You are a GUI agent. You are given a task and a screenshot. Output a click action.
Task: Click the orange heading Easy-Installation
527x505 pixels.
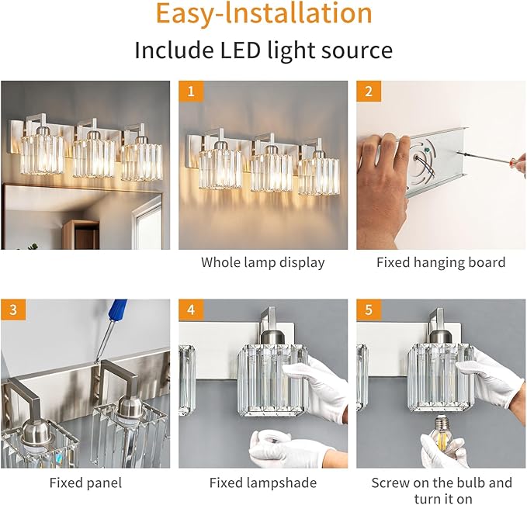(x=263, y=14)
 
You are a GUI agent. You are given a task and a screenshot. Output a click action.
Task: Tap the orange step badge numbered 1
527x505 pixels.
(x=190, y=92)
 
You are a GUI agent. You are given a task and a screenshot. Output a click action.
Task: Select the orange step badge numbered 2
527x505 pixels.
(x=368, y=92)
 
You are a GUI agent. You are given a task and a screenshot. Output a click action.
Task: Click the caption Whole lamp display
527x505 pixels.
(x=262, y=262)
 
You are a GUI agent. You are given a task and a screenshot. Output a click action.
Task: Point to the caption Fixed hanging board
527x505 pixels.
(x=440, y=262)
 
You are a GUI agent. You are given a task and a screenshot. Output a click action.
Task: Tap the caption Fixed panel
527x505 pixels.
(x=85, y=483)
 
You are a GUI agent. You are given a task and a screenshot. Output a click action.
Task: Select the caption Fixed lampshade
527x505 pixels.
(x=262, y=483)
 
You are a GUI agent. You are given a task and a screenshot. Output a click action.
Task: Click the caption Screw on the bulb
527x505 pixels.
(x=441, y=483)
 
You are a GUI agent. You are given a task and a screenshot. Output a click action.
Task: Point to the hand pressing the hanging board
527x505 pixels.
(x=384, y=186)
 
